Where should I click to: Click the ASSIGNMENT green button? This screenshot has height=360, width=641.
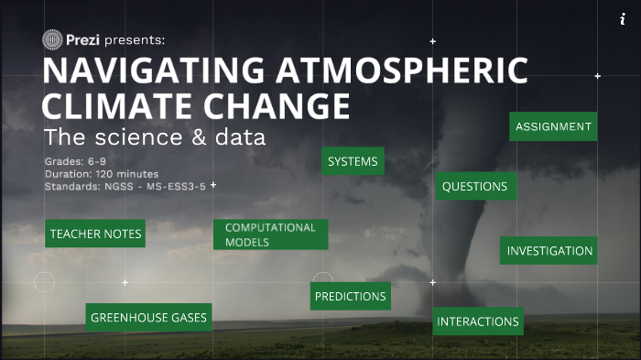coord(553,127)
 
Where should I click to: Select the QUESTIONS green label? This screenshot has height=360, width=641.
coord(474,187)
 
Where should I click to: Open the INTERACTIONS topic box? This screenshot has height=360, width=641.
coord(478,322)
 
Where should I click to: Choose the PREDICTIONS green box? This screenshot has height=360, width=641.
coord(351,297)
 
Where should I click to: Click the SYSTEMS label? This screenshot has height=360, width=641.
coord(353,162)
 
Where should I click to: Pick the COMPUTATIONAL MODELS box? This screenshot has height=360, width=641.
coord(270,235)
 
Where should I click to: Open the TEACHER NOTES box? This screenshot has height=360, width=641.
coord(95,235)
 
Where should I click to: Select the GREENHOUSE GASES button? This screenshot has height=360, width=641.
coord(148,318)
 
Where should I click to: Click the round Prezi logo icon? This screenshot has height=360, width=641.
coord(52,40)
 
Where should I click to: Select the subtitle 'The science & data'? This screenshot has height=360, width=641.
coord(155,138)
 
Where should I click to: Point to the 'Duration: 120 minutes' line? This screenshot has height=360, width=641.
coord(102,173)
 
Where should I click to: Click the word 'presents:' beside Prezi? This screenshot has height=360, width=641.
coord(135,40)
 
